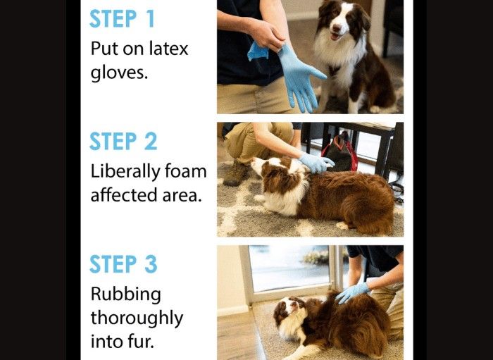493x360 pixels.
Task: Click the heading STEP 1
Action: pyautogui.click(x=122, y=18)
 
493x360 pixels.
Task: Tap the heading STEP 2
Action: pyautogui.click(x=123, y=141)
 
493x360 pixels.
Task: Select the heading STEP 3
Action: pyautogui.click(x=123, y=263)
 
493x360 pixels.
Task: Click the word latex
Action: pyautogui.click(x=168, y=49)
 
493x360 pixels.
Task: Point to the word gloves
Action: pyautogui.click(x=119, y=73)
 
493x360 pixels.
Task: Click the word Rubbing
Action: pyautogui.click(x=126, y=295)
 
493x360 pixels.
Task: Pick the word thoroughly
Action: pyautogui.click(x=137, y=318)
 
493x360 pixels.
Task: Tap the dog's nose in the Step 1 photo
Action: pyautogui.click(x=335, y=27)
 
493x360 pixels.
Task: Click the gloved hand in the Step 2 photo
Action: pyautogui.click(x=317, y=163)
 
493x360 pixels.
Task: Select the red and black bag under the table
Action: pyautogui.click(x=339, y=152)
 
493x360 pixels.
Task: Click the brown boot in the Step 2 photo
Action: pyautogui.click(x=237, y=173)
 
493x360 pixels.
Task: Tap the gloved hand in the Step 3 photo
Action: pyautogui.click(x=352, y=292)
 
